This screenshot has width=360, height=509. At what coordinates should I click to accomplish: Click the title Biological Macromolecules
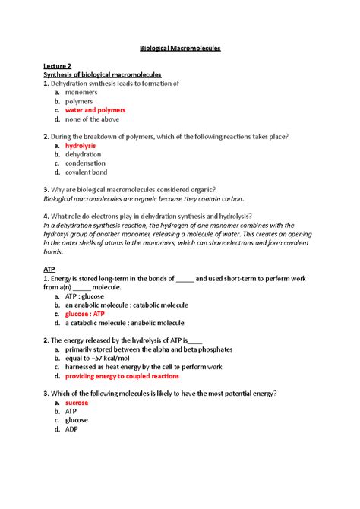tap(180, 47)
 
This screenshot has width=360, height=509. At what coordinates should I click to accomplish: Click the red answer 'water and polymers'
tap(95, 109)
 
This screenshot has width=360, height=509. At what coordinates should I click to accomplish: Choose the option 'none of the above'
tap(90, 119)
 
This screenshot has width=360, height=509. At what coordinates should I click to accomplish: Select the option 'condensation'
tap(85, 163)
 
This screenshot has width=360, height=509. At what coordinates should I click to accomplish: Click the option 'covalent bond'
tap(87, 172)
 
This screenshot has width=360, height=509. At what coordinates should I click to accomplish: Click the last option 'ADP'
tap(73, 428)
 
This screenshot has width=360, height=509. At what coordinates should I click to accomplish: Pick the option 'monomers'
tap(81, 92)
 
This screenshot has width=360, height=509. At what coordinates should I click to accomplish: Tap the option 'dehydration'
tap(83, 153)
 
